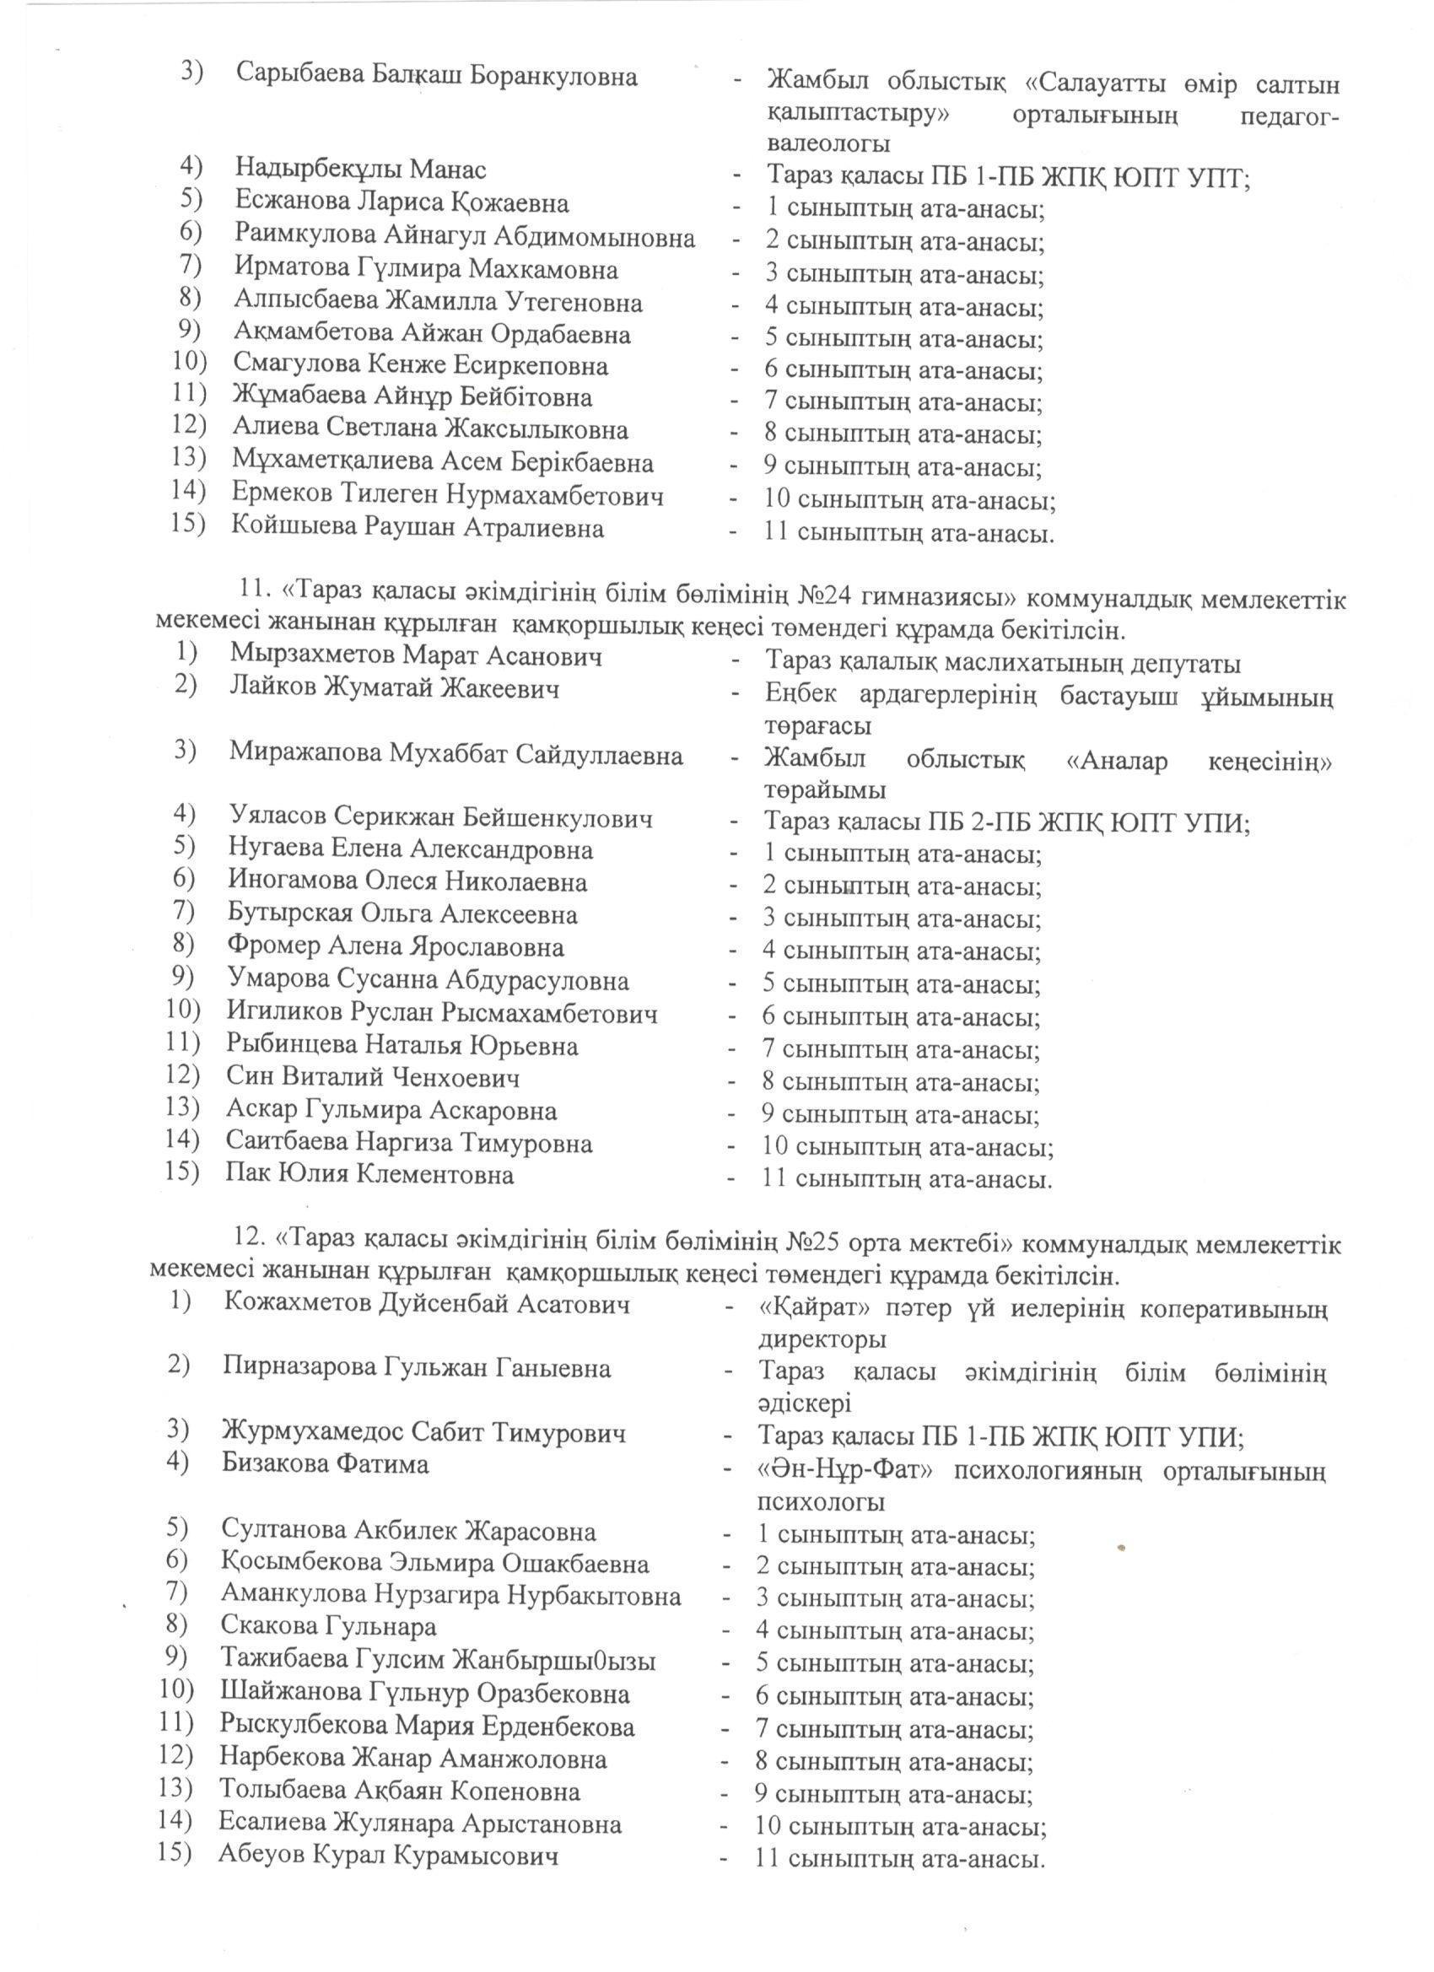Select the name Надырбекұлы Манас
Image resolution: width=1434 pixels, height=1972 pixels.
click(360, 169)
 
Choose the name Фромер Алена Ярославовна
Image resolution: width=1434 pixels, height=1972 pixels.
click(396, 946)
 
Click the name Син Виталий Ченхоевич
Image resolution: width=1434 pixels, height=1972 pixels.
click(373, 1077)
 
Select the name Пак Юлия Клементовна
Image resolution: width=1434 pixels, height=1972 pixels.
click(369, 1175)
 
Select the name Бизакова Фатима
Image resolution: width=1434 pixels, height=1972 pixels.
click(326, 1463)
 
